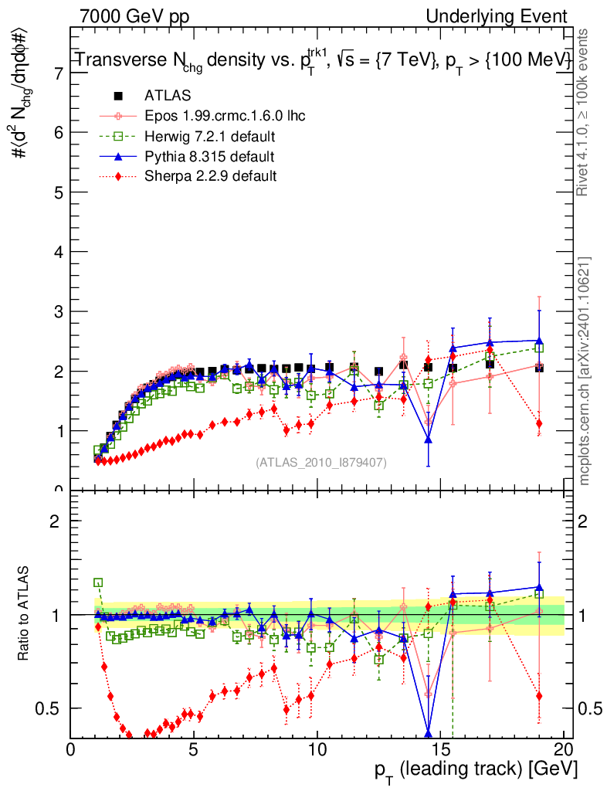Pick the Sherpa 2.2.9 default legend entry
pos(210,176)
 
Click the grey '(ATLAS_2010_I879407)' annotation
pos(321,463)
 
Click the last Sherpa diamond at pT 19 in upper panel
pos(539,423)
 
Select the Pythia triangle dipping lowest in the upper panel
pos(428,440)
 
